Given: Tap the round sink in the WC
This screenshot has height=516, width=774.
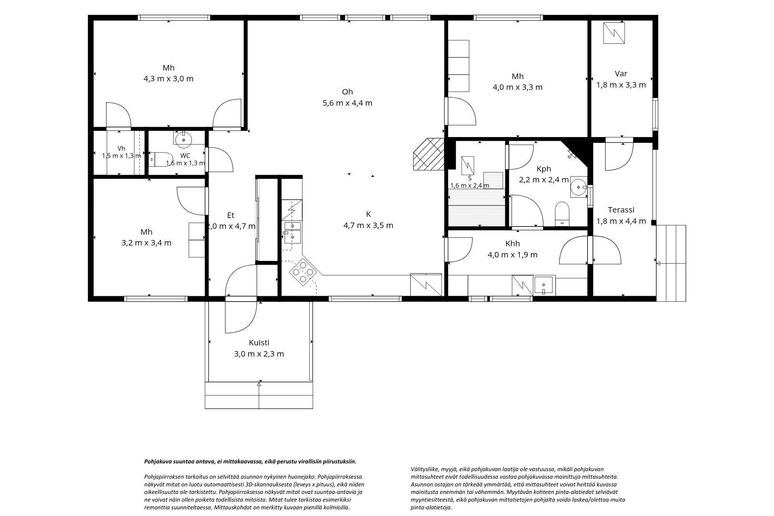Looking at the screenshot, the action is tap(183, 140).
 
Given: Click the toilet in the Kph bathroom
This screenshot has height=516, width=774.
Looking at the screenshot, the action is tap(562, 214).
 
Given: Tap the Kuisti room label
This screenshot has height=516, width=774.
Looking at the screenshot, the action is tap(259, 343).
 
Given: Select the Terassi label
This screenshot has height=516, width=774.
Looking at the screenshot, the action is tap(621, 210).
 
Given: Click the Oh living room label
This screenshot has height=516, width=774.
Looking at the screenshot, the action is tap(348, 92).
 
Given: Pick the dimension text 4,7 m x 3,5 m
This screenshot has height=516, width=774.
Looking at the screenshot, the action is tap(368, 225).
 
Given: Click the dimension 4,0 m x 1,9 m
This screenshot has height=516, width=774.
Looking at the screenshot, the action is tap(512, 255).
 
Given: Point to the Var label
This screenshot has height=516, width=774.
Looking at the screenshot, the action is tap(621, 74).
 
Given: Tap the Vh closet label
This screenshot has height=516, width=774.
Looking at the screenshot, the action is tap(122, 148).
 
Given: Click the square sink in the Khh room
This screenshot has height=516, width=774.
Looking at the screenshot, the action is tap(545, 285).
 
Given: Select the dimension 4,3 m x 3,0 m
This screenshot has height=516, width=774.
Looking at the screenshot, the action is tap(168, 79).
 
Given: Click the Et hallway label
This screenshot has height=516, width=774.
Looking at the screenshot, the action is tap(231, 216).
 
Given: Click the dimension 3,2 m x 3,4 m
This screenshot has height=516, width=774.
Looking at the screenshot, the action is tap(146, 243).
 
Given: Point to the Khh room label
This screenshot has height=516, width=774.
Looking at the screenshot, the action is tap(512, 243).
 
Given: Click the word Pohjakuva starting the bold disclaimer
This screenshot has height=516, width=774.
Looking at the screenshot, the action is tap(157, 461).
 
